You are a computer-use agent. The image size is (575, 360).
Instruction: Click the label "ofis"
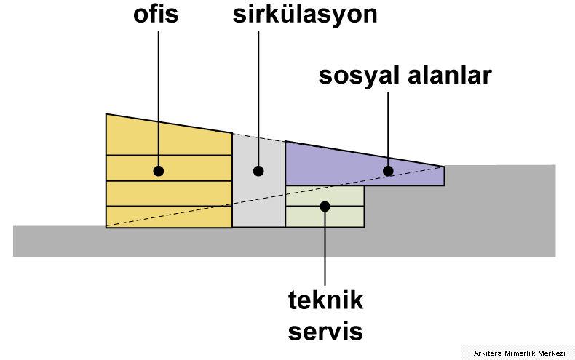156,14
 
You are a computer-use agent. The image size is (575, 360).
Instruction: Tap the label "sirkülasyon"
305,15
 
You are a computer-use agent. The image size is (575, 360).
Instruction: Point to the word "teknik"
325,300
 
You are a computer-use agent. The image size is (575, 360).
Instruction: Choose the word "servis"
325,331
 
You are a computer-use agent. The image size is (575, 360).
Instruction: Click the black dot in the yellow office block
159,171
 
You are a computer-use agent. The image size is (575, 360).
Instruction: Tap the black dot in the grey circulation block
258,171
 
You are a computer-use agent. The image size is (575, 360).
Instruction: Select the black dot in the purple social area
388,171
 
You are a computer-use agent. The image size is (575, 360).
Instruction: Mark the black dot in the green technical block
325,207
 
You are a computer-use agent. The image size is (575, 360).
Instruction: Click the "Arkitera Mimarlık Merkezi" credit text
519,353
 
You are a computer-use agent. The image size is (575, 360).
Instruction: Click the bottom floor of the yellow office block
169,217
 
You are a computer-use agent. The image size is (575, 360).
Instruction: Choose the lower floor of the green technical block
325,217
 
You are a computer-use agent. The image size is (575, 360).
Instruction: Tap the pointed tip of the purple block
445,167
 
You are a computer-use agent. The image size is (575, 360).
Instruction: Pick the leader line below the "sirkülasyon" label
258,99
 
